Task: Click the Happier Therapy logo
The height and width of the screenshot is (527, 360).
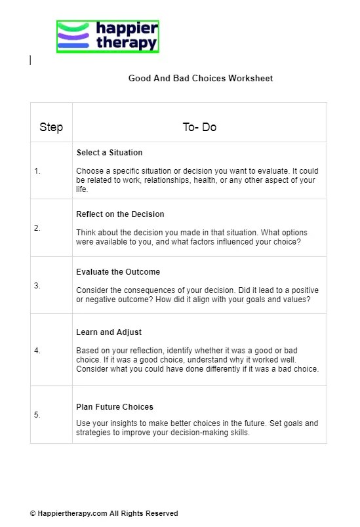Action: pyautogui.click(x=108, y=37)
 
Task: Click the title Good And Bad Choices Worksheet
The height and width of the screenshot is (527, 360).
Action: pyautogui.click(x=200, y=79)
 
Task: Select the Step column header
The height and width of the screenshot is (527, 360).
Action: pyautogui.click(x=51, y=127)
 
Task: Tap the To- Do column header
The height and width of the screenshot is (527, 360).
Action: pyautogui.click(x=199, y=127)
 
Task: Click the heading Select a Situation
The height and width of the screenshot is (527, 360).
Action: pyautogui.click(x=110, y=153)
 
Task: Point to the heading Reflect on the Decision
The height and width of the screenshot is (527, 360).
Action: pyautogui.click(x=120, y=214)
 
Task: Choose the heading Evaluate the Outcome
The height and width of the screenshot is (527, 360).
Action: pyautogui.click(x=118, y=272)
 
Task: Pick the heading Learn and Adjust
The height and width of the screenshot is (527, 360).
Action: pyautogui.click(x=109, y=332)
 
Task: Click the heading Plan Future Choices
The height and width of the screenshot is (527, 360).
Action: pyautogui.click(x=115, y=407)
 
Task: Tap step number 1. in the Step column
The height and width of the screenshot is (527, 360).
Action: pyautogui.click(x=37, y=171)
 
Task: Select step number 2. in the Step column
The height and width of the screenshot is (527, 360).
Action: pyautogui.click(x=37, y=228)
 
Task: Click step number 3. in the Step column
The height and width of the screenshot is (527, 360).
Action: pyautogui.click(x=37, y=286)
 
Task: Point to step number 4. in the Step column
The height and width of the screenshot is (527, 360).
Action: pyautogui.click(x=37, y=351)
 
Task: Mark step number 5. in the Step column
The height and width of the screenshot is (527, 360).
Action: pyautogui.click(x=37, y=415)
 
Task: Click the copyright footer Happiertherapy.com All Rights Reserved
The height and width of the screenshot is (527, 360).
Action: pyautogui.click(x=104, y=513)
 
